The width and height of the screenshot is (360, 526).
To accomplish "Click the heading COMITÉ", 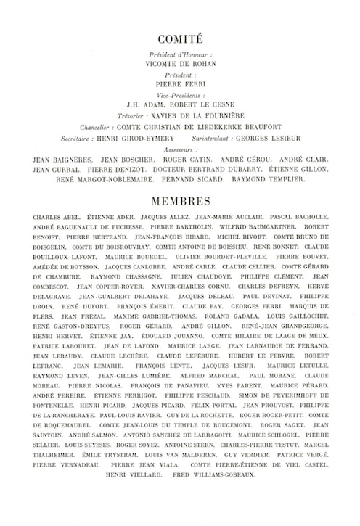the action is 180,41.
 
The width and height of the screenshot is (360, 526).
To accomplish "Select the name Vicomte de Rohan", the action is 180,64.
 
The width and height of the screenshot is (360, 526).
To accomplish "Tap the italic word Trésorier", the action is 136,115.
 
